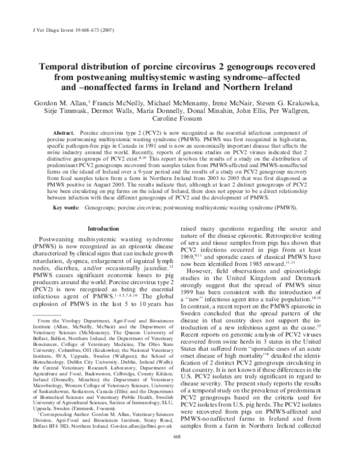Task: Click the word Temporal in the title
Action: point(63,67)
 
